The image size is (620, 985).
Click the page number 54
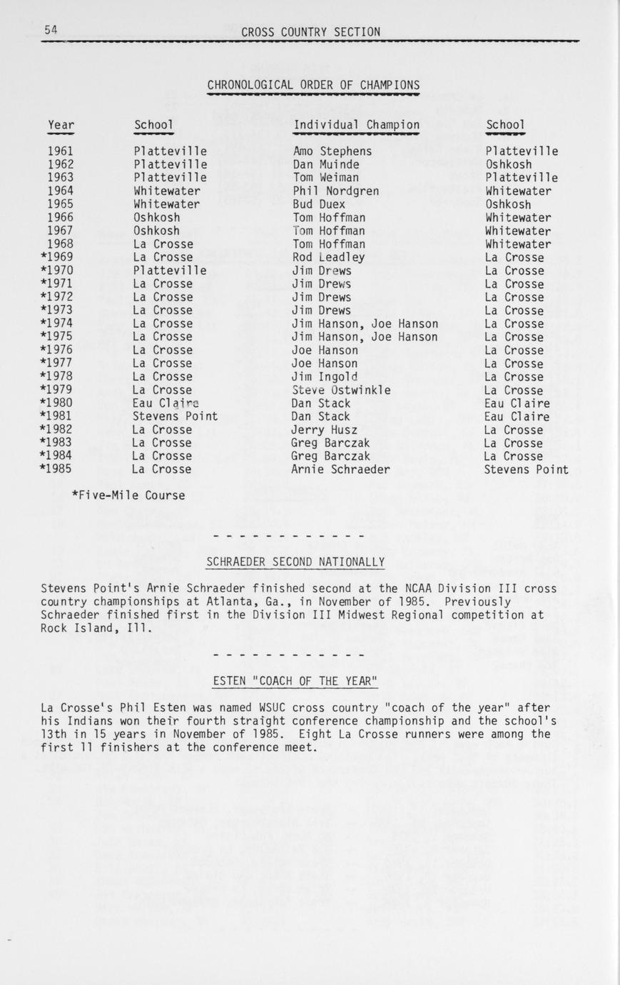(51, 29)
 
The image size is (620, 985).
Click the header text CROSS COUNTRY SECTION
(310, 31)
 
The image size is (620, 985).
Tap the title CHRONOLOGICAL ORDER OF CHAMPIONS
(313, 86)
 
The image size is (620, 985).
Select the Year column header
(61, 126)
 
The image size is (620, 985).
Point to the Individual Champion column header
(356, 125)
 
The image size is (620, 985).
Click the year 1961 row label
(61, 151)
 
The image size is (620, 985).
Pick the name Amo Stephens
(332, 151)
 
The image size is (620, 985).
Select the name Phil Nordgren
(335, 191)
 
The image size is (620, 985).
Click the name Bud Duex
(318, 204)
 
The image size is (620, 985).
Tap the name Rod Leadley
(328, 258)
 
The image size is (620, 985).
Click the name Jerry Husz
(324, 430)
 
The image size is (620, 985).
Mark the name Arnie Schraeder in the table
(340, 470)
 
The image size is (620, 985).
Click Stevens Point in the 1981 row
(175, 416)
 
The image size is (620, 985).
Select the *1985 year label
(56, 470)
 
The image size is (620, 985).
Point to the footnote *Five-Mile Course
(128, 495)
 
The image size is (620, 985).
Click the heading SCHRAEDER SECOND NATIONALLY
(295, 562)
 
